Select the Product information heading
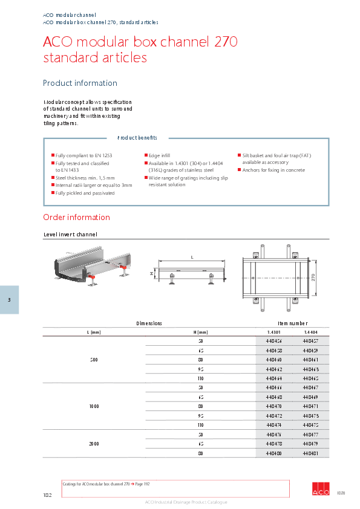point(80,83)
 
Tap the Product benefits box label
point(137,138)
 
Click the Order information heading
point(76,217)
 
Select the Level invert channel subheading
point(70,234)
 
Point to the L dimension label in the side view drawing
point(192,258)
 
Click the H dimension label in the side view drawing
point(152,273)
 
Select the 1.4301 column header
point(274,332)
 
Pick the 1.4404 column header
point(310,332)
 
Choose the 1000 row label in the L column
point(94,407)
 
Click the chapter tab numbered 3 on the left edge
point(9,300)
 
